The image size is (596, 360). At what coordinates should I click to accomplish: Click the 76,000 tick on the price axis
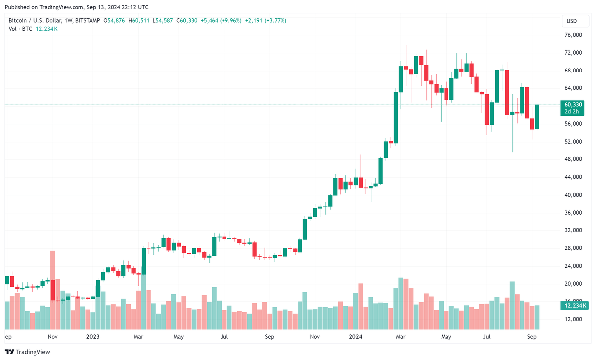point(573,35)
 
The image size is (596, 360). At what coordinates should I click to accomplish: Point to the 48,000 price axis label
point(573,159)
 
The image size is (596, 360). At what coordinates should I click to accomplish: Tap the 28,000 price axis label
point(573,248)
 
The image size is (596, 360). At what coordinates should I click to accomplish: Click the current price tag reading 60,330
point(573,104)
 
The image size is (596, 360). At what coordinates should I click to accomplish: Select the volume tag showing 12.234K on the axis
point(573,306)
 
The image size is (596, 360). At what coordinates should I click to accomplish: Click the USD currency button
point(571,21)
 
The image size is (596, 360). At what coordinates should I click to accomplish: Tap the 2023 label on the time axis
point(93,337)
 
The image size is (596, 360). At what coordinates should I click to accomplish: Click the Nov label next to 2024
point(315,337)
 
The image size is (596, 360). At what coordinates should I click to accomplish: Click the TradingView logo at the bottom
point(28,352)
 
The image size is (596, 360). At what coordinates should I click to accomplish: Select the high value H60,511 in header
point(139,21)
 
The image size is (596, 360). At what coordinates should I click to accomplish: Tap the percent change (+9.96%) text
point(228,21)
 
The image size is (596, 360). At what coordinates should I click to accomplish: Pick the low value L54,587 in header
point(163,21)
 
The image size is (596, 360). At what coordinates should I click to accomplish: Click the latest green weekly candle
point(537,117)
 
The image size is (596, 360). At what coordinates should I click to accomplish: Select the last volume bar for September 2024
point(537,318)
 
